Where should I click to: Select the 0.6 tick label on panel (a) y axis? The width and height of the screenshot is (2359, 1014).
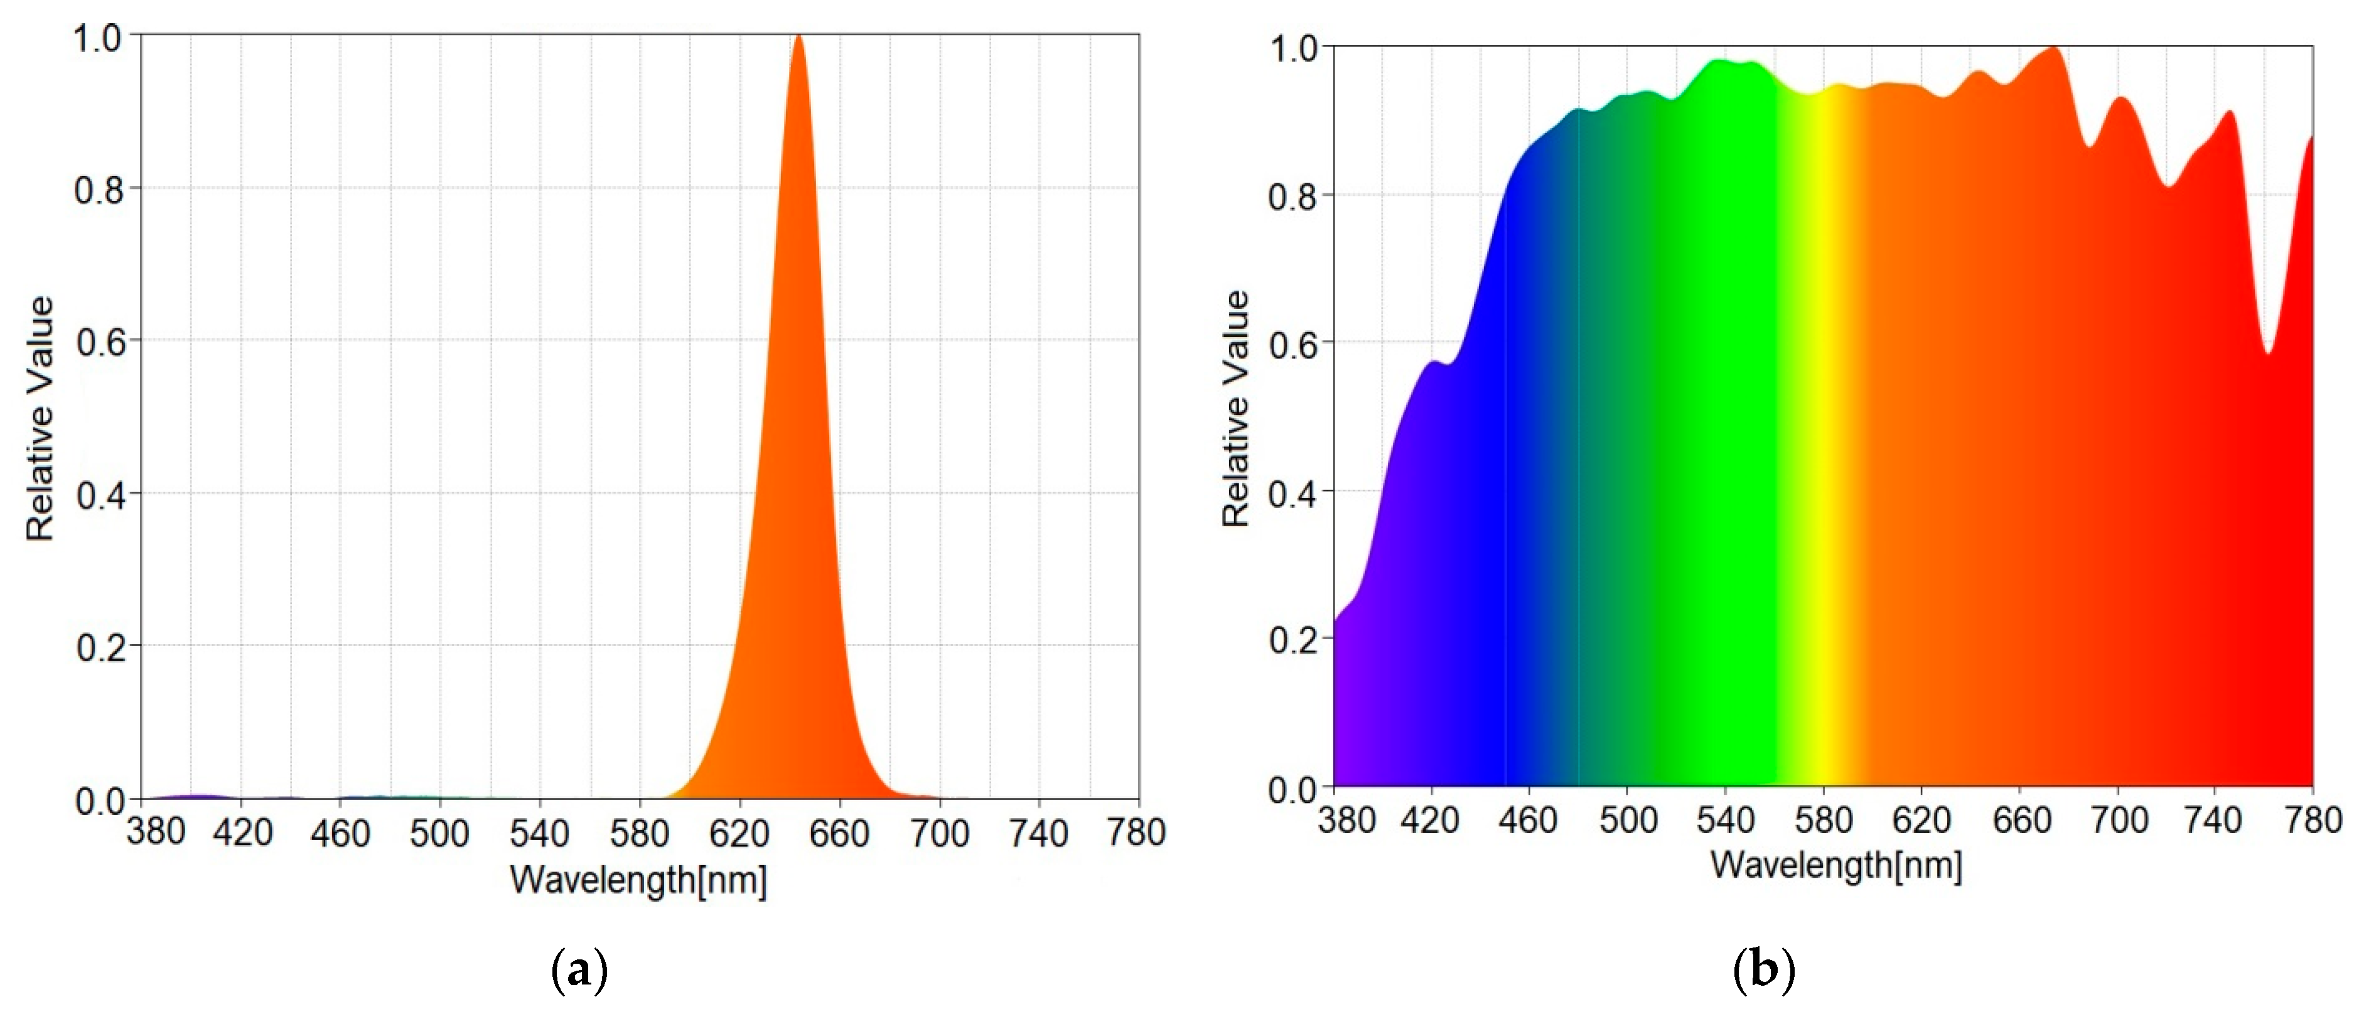tap(100, 342)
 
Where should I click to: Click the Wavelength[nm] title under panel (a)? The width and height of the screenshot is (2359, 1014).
tap(638, 880)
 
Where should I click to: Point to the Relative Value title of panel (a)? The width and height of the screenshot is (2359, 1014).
tap(40, 419)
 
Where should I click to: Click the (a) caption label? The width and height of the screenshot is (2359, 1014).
tap(579, 969)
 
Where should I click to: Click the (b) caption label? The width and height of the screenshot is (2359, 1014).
tap(1764, 969)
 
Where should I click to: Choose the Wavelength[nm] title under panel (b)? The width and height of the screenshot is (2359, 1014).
tap(1836, 865)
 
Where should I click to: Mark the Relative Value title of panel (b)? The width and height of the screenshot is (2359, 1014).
tap(1236, 409)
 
